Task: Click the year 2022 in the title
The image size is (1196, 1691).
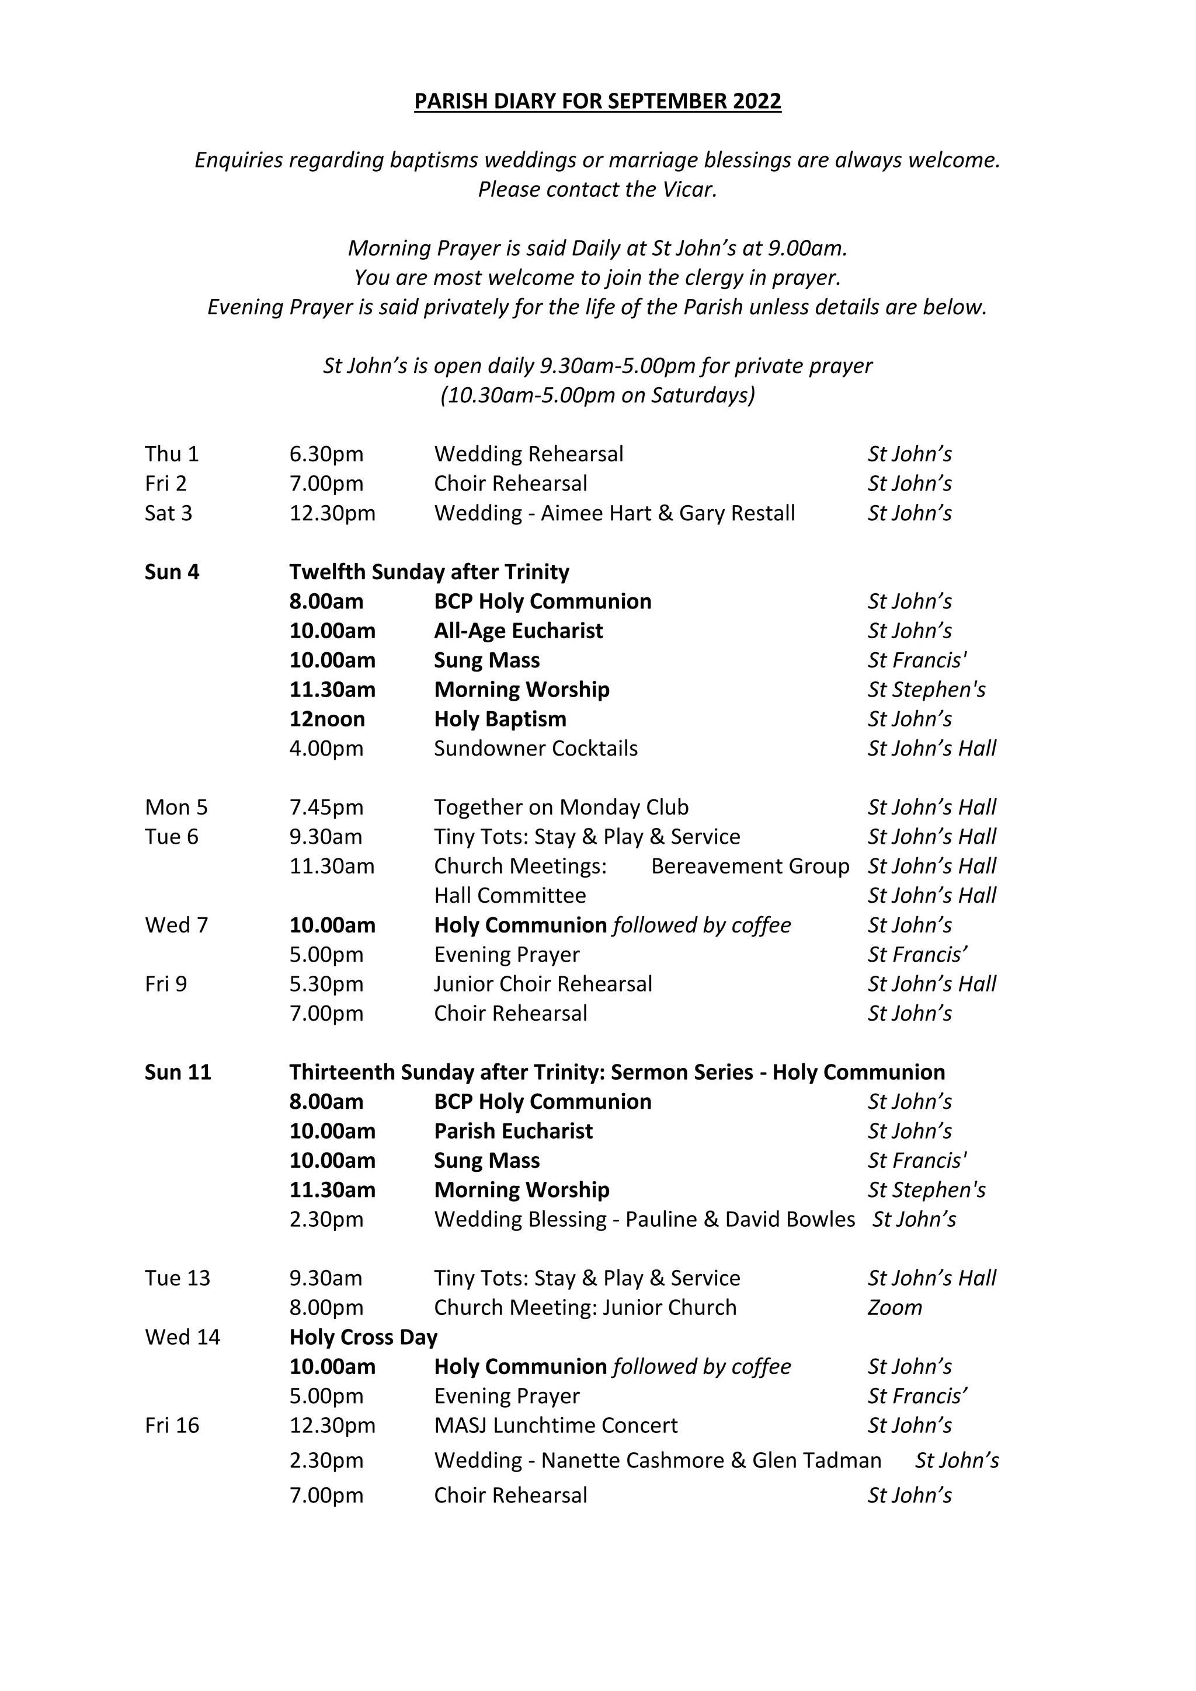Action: pyautogui.click(x=756, y=101)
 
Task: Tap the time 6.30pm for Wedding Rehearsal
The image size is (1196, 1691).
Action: pyautogui.click(x=326, y=454)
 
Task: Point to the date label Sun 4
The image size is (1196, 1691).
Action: pyautogui.click(x=172, y=572)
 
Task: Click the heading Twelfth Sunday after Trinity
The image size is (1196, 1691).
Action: pyautogui.click(x=429, y=572)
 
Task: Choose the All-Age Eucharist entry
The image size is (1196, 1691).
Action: pyautogui.click(x=518, y=631)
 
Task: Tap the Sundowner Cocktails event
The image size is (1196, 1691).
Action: pyautogui.click(x=536, y=749)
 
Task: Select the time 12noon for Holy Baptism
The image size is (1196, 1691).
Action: pyautogui.click(x=327, y=719)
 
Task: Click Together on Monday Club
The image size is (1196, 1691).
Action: pyautogui.click(x=561, y=807)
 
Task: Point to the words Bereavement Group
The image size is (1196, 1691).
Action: pyautogui.click(x=750, y=866)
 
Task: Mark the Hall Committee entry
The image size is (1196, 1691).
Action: pyautogui.click(x=510, y=896)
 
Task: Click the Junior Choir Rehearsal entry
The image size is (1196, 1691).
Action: pyautogui.click(x=543, y=984)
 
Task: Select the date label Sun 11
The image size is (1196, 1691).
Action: pyautogui.click(x=178, y=1071)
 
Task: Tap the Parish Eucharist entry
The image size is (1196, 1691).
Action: pyautogui.click(x=513, y=1130)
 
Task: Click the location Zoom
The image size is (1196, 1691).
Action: pyautogui.click(x=894, y=1307)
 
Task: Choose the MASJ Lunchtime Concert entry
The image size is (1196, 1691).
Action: pyautogui.click(x=555, y=1425)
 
